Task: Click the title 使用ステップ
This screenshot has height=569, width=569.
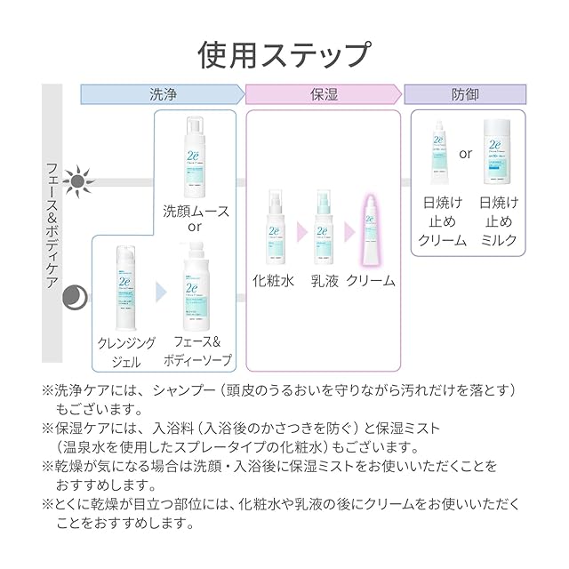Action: click(284, 53)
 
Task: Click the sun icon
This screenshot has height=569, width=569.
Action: click(80, 180)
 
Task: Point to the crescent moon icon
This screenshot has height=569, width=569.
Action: click(76, 296)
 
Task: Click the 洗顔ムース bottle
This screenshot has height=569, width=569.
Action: click(196, 155)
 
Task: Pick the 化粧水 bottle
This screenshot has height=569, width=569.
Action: click(274, 226)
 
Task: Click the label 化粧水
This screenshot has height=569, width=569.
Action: click(274, 280)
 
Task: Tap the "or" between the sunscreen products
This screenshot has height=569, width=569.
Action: click(465, 154)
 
